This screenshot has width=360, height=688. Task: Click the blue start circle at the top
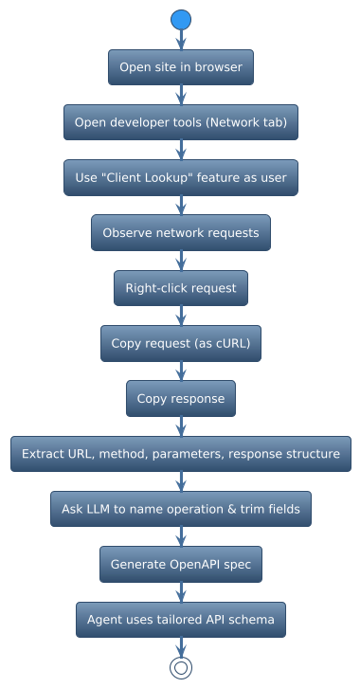tap(181, 19)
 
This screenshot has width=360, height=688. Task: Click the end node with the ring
tap(181, 667)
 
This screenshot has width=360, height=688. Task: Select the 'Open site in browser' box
tap(181, 67)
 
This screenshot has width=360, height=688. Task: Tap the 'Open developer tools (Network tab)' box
tap(181, 122)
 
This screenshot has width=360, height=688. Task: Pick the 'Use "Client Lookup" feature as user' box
tap(181, 177)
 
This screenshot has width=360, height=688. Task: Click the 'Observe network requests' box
tap(181, 233)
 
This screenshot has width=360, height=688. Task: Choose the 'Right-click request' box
tap(181, 288)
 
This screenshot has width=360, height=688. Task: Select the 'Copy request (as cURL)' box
tap(181, 343)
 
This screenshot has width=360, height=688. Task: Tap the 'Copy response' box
tap(181, 399)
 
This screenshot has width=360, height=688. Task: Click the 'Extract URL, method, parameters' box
tap(181, 454)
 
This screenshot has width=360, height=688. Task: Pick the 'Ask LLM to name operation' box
tap(181, 509)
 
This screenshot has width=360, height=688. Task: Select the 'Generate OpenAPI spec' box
tap(181, 565)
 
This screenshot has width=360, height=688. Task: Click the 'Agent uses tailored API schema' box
tap(181, 620)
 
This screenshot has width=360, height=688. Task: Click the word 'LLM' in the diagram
tap(99, 509)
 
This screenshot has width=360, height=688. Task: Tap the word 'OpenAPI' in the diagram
tap(196, 565)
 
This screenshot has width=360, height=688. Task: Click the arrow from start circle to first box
tap(181, 40)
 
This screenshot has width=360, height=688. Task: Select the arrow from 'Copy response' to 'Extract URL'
tap(181, 426)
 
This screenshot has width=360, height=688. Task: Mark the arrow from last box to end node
tap(181, 646)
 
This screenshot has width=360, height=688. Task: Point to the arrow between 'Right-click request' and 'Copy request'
tap(181, 316)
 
